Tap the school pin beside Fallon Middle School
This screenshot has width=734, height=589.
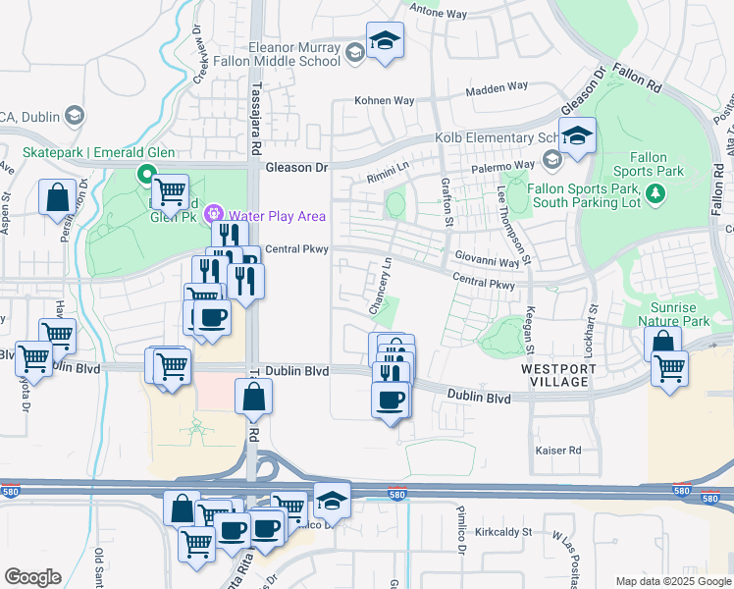point(385,41)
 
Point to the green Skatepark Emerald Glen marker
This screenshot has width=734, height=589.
point(147,176)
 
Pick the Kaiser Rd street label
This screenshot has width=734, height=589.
point(558,451)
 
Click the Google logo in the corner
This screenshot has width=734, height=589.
point(32,577)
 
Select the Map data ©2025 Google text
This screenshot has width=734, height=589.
point(672,581)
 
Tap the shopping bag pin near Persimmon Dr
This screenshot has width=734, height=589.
point(57,196)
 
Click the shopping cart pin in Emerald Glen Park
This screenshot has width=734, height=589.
point(171,190)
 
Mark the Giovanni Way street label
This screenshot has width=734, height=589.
point(487,262)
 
